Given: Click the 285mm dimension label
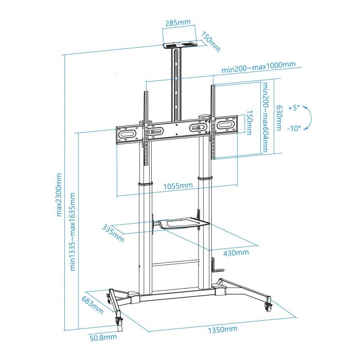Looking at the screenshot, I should pyautogui.click(x=178, y=23).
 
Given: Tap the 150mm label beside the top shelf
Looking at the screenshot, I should pyautogui.click(x=211, y=43).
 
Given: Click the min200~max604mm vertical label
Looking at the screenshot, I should pyautogui.click(x=265, y=118).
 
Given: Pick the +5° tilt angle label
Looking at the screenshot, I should pyautogui.click(x=294, y=109).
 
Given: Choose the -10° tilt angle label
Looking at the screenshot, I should pyautogui.click(x=294, y=129).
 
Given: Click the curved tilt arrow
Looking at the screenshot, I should pyautogui.click(x=307, y=119).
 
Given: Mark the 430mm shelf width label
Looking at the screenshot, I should pyautogui.click(x=236, y=252).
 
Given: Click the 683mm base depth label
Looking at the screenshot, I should pyautogui.click(x=93, y=306).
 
